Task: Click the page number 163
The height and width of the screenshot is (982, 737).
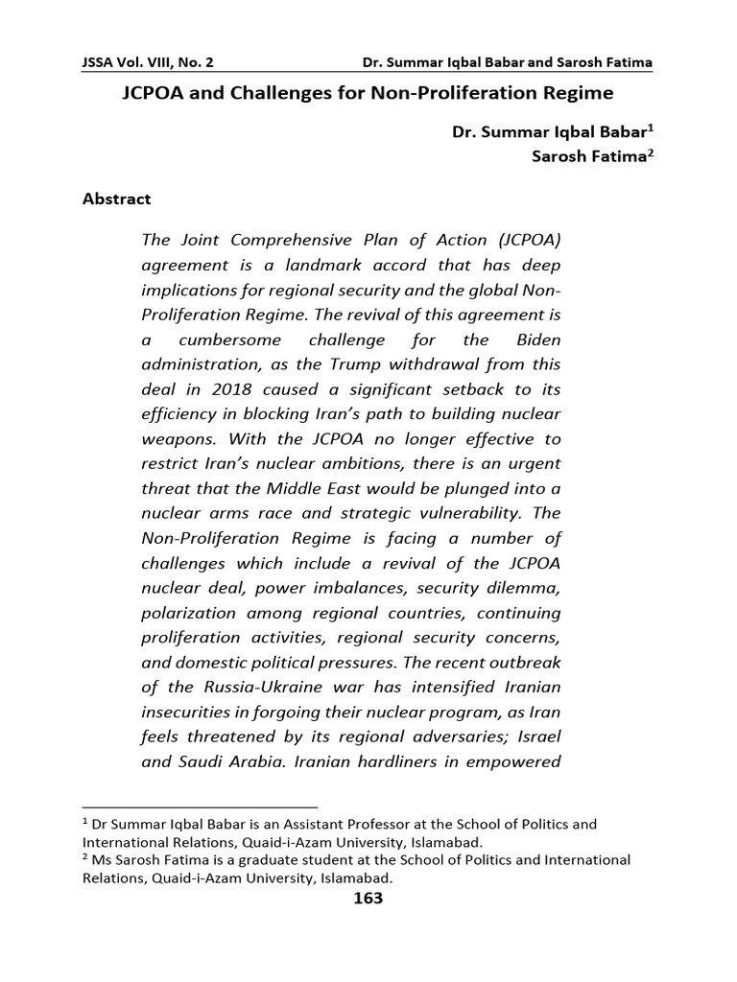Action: tap(368, 898)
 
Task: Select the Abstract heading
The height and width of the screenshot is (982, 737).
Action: tap(116, 199)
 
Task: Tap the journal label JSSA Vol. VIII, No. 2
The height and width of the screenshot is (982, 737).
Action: tap(148, 62)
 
